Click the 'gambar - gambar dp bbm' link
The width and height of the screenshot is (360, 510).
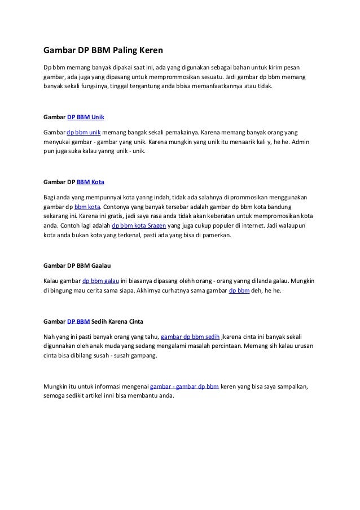[185, 386]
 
